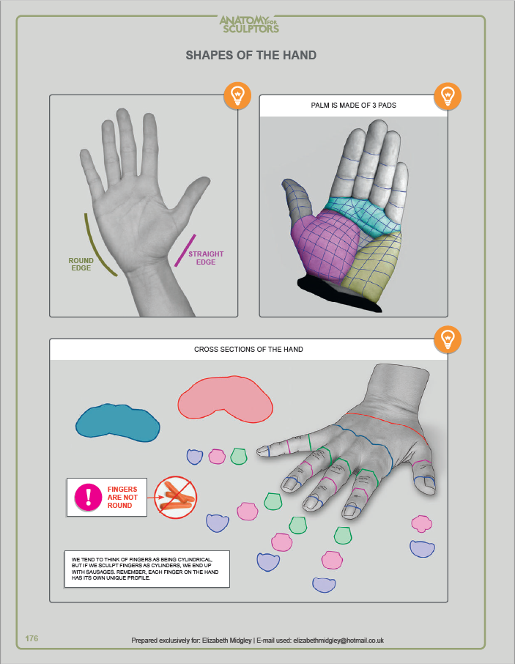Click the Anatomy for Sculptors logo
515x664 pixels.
(x=249, y=24)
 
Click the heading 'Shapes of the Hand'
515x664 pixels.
(x=251, y=55)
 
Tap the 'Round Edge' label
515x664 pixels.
(x=81, y=265)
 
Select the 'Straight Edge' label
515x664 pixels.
(x=206, y=258)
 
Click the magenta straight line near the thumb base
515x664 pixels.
(x=185, y=250)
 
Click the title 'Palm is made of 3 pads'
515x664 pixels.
(x=353, y=105)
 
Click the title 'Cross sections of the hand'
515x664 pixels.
(x=248, y=350)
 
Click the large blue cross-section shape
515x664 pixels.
(x=118, y=423)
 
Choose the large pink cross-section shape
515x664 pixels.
(x=225, y=399)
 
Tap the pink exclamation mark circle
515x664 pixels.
(x=88, y=497)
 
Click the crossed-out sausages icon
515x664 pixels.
(x=175, y=497)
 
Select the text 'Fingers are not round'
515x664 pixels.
(x=122, y=497)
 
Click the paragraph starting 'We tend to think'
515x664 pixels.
(x=145, y=569)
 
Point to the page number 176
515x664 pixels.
(x=32, y=638)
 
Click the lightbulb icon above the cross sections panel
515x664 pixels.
(x=448, y=339)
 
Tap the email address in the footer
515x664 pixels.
(x=338, y=641)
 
